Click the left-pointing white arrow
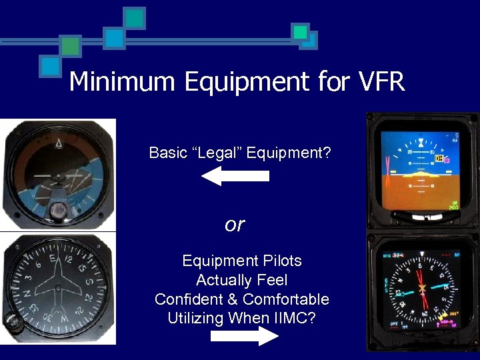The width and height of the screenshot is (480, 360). click(235, 176)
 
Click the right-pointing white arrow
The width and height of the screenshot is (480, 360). click(245, 336)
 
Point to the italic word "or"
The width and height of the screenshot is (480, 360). click(235, 225)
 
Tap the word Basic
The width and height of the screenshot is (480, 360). click(168, 153)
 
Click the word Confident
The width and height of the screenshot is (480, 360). click(193, 299)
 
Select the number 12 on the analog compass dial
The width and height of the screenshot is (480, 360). click(69, 254)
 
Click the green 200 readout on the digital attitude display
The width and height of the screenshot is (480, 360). click(453, 207)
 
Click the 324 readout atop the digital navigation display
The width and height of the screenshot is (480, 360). click(398, 255)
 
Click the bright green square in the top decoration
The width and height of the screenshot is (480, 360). click(301, 31)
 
